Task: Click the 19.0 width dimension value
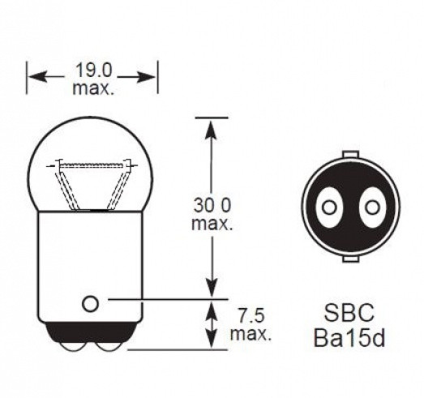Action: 93,70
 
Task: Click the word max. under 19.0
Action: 93,88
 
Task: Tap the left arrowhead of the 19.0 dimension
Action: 36,76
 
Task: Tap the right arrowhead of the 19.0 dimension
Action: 146,77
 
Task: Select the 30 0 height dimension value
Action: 212,205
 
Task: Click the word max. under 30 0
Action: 212,225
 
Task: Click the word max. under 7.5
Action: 251,335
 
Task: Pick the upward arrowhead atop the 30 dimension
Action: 212,129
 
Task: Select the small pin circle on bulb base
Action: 90,304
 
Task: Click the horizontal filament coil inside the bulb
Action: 92,165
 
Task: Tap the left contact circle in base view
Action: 329,208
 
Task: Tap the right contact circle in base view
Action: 372,208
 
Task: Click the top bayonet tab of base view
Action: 351,154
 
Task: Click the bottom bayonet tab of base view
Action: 351,259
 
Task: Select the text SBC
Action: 349,313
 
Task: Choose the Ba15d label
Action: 349,338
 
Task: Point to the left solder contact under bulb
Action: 73,347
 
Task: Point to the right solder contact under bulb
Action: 109,347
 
